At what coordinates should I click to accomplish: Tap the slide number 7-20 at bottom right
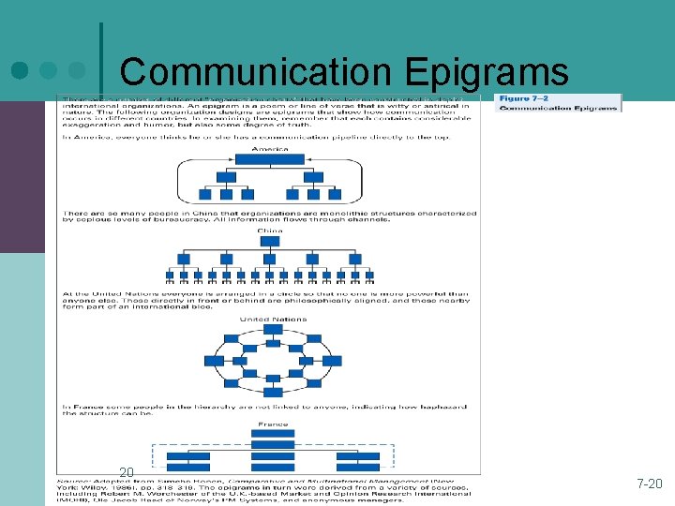(x=649, y=484)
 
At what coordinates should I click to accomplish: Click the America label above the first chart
(x=269, y=148)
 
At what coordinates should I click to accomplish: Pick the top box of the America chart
(x=269, y=159)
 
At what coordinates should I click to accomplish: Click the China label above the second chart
(x=269, y=230)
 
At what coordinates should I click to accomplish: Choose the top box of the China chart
(x=270, y=240)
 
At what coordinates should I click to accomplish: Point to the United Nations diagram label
(x=273, y=320)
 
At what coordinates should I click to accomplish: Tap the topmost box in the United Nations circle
(x=273, y=330)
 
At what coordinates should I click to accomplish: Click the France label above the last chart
(x=273, y=424)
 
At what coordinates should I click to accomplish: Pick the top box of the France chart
(x=273, y=434)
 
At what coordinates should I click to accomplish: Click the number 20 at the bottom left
(x=127, y=471)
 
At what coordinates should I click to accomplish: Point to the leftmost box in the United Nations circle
(x=214, y=360)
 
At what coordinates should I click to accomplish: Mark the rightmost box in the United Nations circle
(x=332, y=360)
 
